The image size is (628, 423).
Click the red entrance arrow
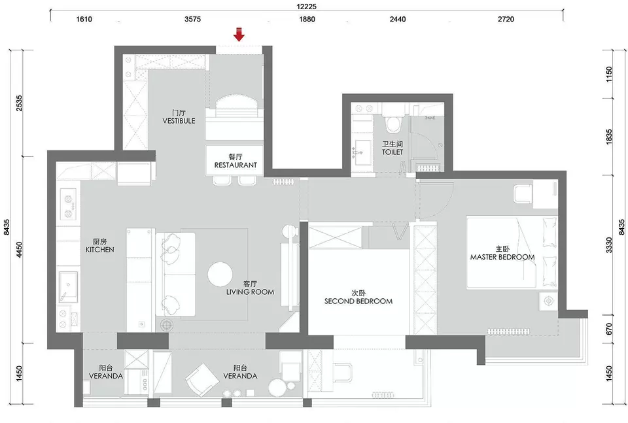click(239, 35)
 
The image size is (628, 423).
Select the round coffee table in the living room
click(220, 275)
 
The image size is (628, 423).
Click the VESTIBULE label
click(179, 121)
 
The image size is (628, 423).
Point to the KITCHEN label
click(99, 250)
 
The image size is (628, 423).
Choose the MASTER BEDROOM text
click(502, 258)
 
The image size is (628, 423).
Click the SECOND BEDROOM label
click(358, 301)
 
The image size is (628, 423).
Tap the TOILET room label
click(392, 152)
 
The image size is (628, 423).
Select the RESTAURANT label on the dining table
click(235, 165)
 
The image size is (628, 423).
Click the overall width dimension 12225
click(306, 7)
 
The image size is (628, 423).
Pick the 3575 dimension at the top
click(192, 19)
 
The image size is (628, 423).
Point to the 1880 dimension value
click(307, 19)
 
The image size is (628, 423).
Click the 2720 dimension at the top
click(506, 19)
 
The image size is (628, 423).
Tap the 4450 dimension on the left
click(19, 250)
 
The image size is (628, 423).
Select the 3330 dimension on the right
click(609, 245)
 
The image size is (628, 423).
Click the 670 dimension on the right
click(609, 329)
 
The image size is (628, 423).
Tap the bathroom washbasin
click(363, 150)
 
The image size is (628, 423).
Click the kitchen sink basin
click(69, 286)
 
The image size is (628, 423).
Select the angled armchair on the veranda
click(202, 379)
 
